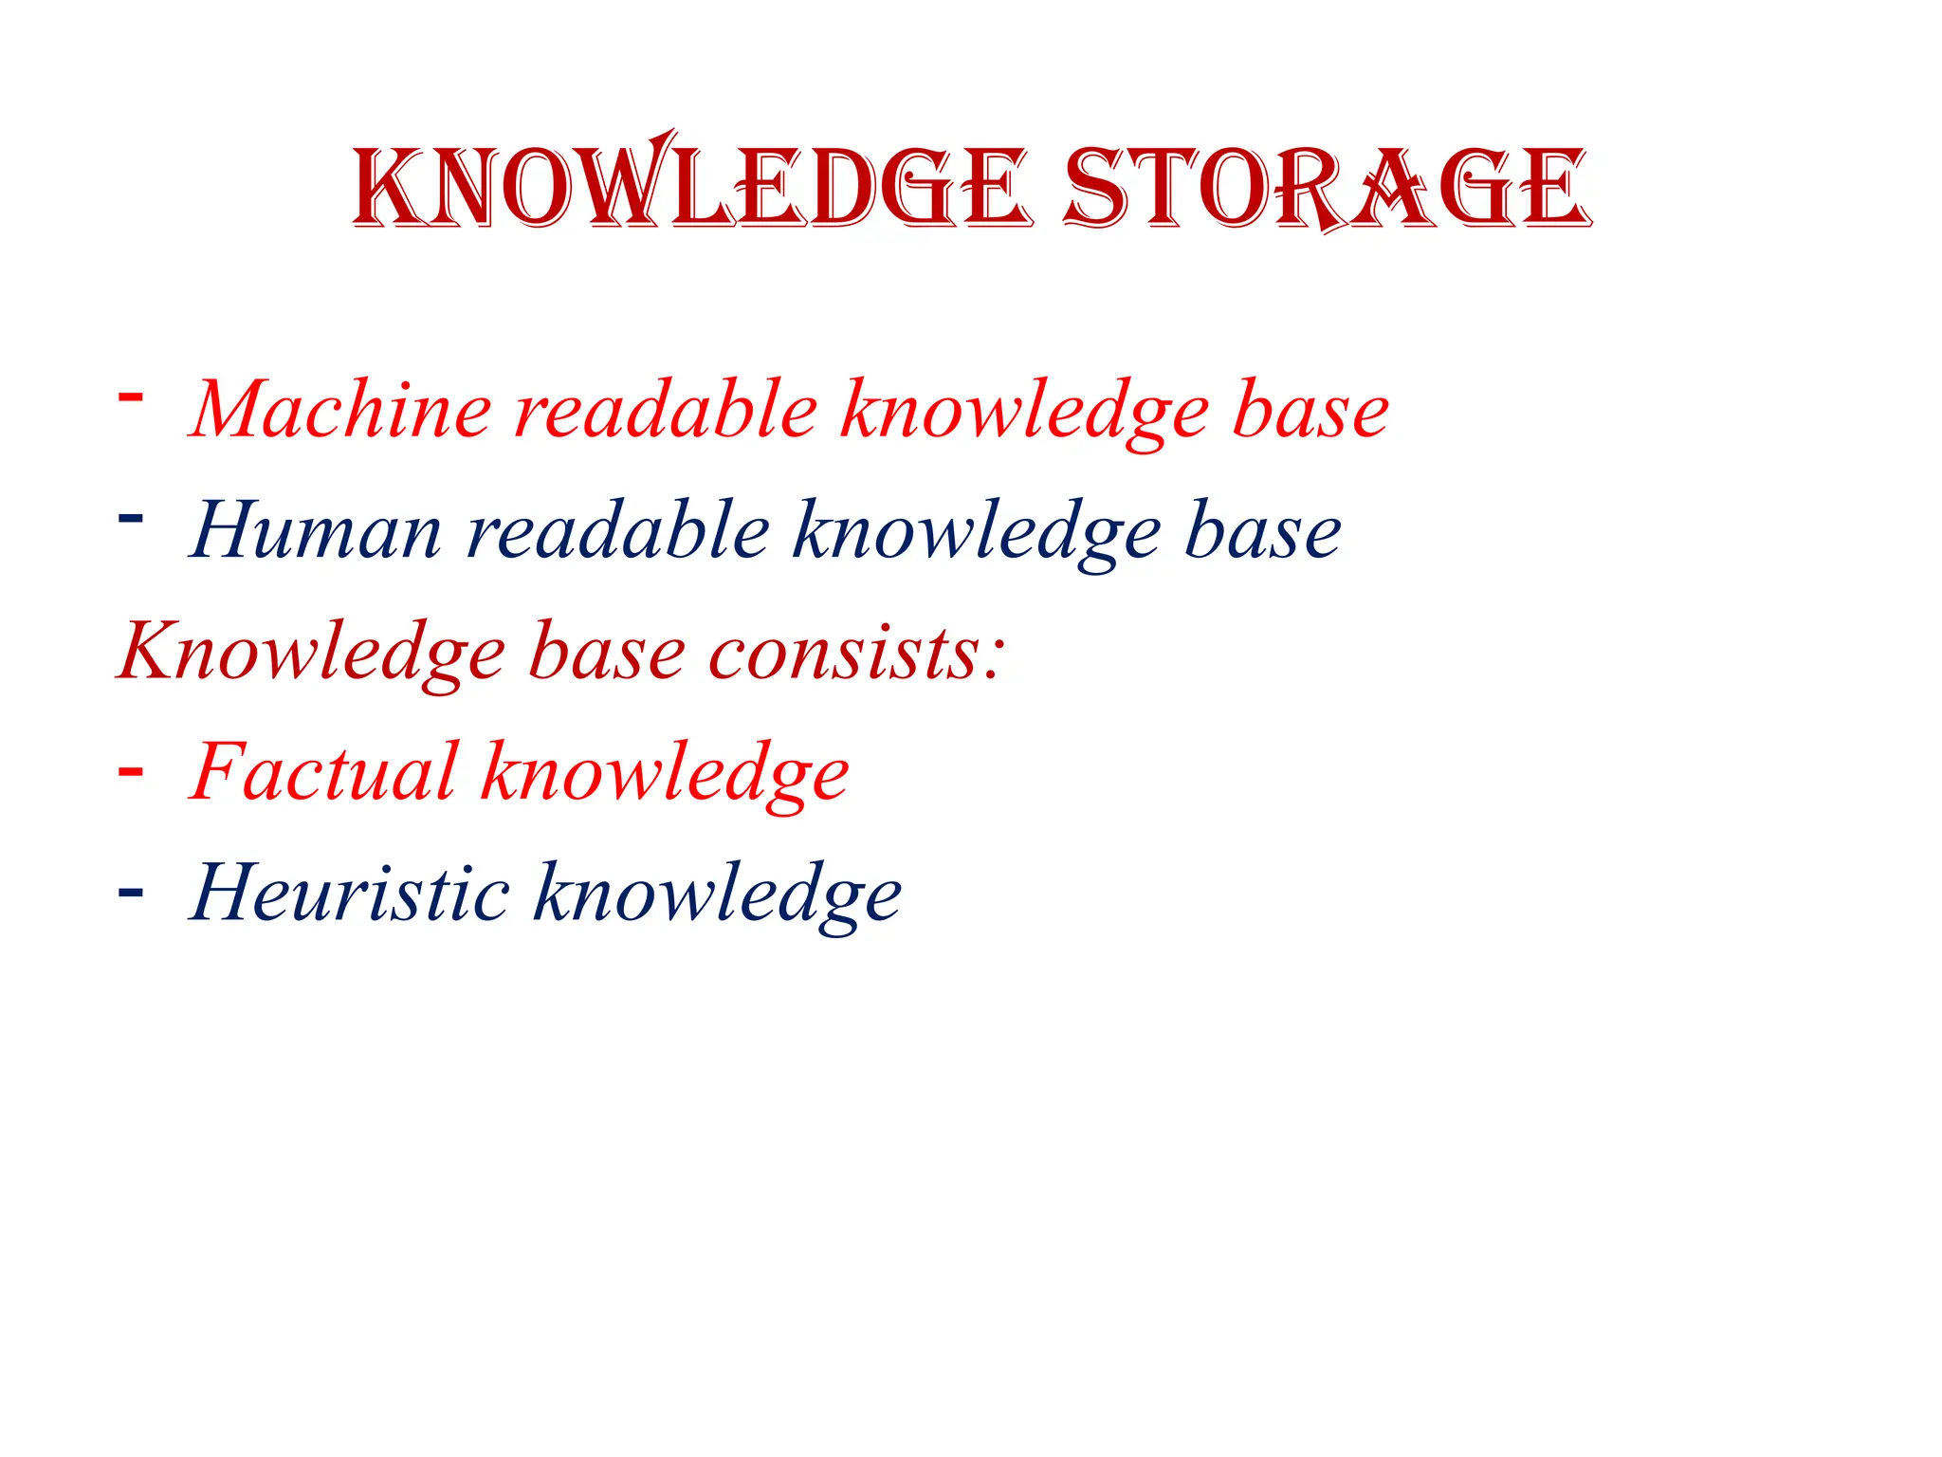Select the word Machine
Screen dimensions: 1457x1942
341,410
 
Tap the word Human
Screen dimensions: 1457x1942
316,531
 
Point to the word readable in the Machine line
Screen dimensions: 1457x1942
666,410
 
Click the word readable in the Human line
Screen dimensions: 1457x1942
618,531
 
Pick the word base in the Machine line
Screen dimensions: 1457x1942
1311,410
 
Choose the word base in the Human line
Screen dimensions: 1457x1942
1263,531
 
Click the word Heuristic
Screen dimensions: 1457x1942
350,894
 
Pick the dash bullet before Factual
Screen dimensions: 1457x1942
130,771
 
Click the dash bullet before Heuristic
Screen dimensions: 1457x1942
130,893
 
